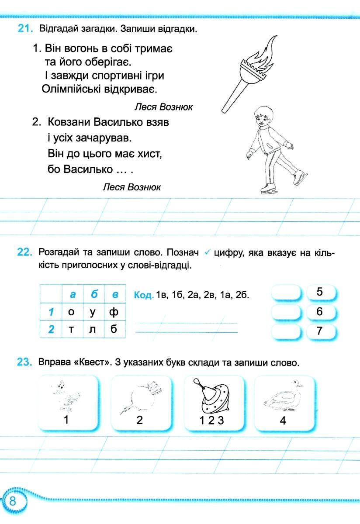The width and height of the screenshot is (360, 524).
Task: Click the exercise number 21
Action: pyautogui.click(x=25, y=29)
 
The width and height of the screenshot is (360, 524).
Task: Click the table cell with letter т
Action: pyautogui.click(x=71, y=329)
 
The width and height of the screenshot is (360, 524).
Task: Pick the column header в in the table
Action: pyautogui.click(x=115, y=295)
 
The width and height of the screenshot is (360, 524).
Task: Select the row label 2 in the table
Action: pyautogui.click(x=51, y=329)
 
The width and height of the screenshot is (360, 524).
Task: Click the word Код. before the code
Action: pyautogui.click(x=144, y=295)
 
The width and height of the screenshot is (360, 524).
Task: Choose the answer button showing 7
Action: pyautogui.click(x=320, y=331)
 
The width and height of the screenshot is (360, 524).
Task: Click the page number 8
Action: pyautogui.click(x=13, y=500)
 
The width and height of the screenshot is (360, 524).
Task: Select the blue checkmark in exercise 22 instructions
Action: pyautogui.click(x=208, y=252)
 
